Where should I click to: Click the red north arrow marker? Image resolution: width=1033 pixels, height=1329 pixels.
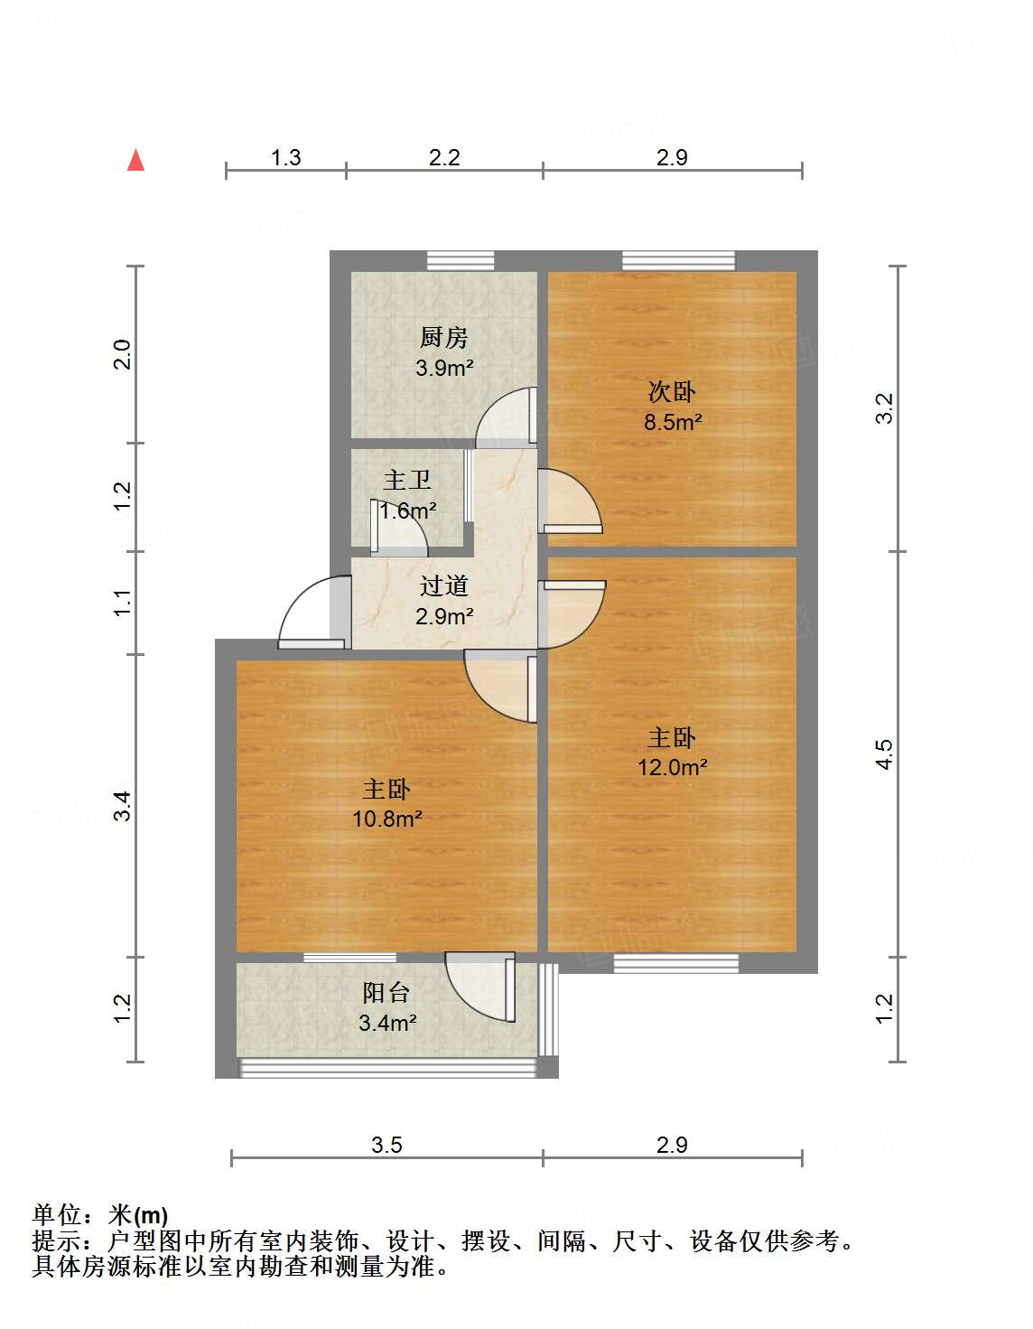coord(136,161)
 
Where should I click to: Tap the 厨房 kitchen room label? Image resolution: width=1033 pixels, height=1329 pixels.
coord(444,338)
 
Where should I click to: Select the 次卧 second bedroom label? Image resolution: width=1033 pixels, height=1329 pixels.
coord(673,392)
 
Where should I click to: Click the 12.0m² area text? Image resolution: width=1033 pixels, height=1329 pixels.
coord(673,767)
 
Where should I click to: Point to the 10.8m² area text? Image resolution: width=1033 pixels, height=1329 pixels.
coord(387,819)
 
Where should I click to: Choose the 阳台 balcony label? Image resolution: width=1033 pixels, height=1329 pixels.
coord(386,993)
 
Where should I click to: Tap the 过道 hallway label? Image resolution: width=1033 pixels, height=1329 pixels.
coord(444,586)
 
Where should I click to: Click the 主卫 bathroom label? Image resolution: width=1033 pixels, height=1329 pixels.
coord(407,480)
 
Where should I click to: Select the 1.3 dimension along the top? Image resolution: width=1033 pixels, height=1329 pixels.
coord(285,158)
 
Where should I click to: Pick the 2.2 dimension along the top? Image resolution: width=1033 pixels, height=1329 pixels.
coord(444,158)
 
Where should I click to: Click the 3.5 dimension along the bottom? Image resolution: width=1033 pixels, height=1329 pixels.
coord(386,1146)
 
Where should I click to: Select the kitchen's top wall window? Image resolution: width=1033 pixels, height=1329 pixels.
coord(461,261)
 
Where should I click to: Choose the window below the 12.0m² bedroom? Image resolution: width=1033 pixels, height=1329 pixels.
coord(675,963)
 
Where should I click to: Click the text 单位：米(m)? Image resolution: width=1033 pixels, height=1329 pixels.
coord(100,1216)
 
